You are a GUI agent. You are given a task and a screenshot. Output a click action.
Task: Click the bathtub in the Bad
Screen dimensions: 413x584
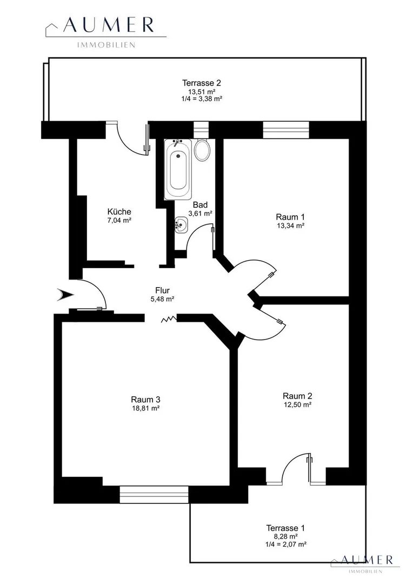[x=178, y=169]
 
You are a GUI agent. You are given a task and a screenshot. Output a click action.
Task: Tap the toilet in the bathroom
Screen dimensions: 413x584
[x=203, y=150]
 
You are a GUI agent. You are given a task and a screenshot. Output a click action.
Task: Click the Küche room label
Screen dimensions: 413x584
[x=119, y=211]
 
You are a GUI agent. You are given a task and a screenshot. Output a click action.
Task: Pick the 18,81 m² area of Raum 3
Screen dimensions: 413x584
[x=145, y=408]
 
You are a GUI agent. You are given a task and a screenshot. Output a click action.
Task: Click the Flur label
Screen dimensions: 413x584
[x=162, y=290]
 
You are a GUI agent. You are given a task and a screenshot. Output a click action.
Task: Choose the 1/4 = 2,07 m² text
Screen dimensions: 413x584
[x=285, y=544]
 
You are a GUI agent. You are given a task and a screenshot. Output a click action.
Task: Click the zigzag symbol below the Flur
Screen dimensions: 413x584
[x=169, y=319]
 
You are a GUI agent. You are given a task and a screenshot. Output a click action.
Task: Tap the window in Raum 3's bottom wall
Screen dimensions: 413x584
[x=154, y=494]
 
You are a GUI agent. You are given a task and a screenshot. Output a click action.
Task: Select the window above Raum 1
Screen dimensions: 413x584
[x=286, y=130]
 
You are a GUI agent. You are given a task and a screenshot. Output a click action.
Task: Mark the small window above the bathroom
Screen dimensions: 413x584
[x=201, y=130]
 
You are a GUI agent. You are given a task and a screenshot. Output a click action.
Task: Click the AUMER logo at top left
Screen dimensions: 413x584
[x=106, y=31]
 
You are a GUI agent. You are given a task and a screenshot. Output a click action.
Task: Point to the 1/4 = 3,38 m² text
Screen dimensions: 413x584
[x=202, y=99]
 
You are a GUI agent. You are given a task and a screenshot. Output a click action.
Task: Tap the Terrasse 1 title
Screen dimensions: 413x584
[x=285, y=528]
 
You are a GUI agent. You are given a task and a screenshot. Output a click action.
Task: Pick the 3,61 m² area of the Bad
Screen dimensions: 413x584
[x=201, y=214]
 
